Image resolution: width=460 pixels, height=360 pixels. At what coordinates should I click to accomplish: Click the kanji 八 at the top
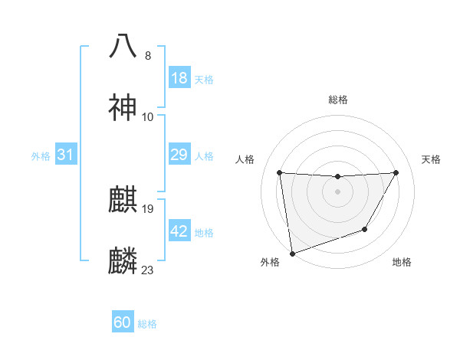pyautogui.click(x=123, y=45)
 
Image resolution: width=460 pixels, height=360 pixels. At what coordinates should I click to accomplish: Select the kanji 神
pyautogui.click(x=123, y=107)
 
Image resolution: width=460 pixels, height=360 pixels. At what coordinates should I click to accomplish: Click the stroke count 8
pyautogui.click(x=148, y=55)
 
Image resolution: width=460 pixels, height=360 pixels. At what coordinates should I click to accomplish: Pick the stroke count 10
pyautogui.click(x=148, y=117)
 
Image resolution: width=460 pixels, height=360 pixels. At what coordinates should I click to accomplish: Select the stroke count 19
pyautogui.click(x=148, y=208)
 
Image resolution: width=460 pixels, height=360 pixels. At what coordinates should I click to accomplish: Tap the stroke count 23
pyautogui.click(x=148, y=270)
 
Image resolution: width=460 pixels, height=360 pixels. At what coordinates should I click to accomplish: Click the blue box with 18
pyautogui.click(x=179, y=78)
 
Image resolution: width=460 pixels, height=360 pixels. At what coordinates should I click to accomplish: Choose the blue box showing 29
pyautogui.click(x=179, y=155)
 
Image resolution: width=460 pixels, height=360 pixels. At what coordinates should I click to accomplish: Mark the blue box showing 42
pyautogui.click(x=179, y=231)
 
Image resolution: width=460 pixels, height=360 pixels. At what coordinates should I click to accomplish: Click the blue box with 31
pyautogui.click(x=66, y=155)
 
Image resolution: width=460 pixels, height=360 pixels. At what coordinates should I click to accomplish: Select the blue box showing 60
pyautogui.click(x=123, y=322)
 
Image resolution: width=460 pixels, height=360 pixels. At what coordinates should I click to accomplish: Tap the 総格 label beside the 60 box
pyautogui.click(x=147, y=324)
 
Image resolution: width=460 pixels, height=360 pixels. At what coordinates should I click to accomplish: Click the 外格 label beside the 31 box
pyautogui.click(x=41, y=156)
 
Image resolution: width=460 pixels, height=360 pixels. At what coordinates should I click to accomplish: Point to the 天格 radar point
pyautogui.click(x=396, y=172)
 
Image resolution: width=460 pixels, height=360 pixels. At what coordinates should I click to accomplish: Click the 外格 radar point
pyautogui.click(x=292, y=253)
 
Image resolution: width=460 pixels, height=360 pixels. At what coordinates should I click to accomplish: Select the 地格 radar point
pyautogui.click(x=365, y=229)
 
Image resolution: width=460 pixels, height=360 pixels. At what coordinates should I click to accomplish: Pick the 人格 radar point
pyautogui.click(x=280, y=172)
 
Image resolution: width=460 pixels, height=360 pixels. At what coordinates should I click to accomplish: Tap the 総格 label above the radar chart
pyautogui.click(x=338, y=100)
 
